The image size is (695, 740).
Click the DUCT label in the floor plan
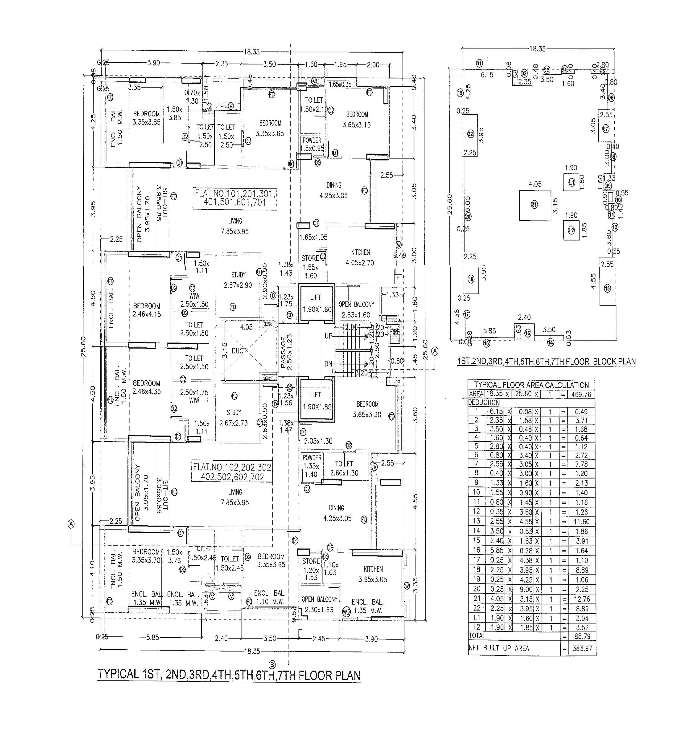click(239, 351)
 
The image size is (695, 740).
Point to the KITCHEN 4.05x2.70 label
click(360, 257)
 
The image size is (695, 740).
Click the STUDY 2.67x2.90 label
click(238, 280)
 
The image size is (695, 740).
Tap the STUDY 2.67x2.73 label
click(234, 418)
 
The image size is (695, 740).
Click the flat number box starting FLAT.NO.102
click(232, 472)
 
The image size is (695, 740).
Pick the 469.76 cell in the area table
click(581, 394)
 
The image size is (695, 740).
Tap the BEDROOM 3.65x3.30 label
click(367, 409)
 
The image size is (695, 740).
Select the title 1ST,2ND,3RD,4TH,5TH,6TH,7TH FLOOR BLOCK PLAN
click(546, 362)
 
